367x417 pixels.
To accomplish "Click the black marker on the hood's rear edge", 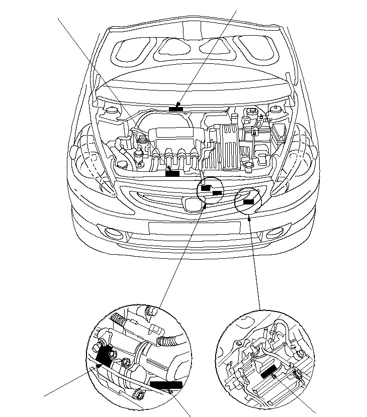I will [175, 109].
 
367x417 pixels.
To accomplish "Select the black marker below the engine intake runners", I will [172, 173].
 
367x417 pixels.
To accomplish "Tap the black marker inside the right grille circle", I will [248, 201].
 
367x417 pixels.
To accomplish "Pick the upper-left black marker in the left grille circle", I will [206, 188].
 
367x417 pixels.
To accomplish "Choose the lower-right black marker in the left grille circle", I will [218, 192].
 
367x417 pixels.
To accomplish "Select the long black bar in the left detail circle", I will [165, 385].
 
